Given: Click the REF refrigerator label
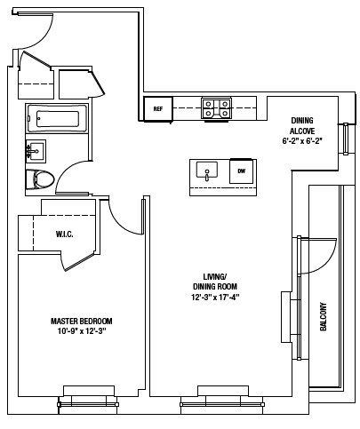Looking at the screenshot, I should point(158,109).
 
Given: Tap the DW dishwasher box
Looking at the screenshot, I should point(239,171).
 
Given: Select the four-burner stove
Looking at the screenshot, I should point(216,108).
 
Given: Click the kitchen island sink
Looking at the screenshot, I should point(207,171).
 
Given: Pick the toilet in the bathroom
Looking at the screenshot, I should point(41,179).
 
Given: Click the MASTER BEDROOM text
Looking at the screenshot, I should point(81,321).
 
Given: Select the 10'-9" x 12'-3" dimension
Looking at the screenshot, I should point(81,331).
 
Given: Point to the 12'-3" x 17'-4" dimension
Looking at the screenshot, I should point(216,297).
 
